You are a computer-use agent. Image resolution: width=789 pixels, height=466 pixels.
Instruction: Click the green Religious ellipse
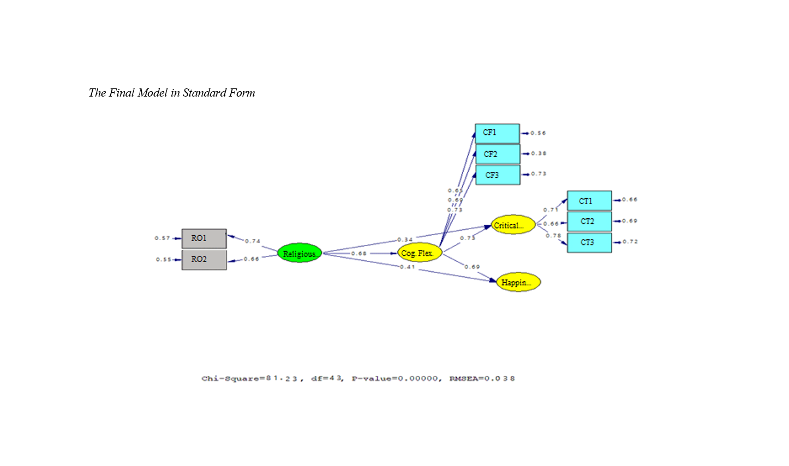pos(299,253)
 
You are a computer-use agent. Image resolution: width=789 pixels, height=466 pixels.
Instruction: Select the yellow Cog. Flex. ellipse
pos(419,253)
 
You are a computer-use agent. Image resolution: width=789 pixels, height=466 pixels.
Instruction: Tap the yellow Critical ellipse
pos(512,225)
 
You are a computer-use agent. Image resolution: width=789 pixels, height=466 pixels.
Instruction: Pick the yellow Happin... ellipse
pos(518,282)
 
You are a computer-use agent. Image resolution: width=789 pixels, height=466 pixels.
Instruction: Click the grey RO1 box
pos(204,238)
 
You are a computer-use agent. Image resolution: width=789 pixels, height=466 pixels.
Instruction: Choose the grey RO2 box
pos(204,259)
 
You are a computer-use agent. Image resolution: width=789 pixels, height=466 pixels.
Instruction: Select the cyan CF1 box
pos(497,133)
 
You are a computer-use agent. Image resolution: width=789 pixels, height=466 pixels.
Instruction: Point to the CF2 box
pos(498,154)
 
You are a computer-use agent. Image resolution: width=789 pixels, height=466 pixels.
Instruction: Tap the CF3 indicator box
pos(498,175)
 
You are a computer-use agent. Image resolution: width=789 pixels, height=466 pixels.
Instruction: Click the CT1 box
pos(589,201)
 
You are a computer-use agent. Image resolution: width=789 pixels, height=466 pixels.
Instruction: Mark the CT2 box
pos(589,222)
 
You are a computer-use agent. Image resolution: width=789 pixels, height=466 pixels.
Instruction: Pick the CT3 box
pos(589,242)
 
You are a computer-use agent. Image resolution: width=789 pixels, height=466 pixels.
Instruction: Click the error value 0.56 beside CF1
pos(538,133)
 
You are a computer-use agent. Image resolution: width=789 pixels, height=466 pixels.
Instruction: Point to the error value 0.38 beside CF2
pos(539,153)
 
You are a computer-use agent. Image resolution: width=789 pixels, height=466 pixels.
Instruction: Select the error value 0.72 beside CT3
pos(630,241)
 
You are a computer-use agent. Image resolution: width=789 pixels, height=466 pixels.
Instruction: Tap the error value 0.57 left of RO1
pos(162,238)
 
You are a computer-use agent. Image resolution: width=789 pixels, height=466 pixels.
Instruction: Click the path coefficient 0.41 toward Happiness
pos(407,267)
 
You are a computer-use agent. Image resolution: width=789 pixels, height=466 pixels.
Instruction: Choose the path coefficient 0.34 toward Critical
pos(405,240)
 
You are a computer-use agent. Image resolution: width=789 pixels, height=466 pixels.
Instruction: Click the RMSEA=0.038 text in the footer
pos(482,378)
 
